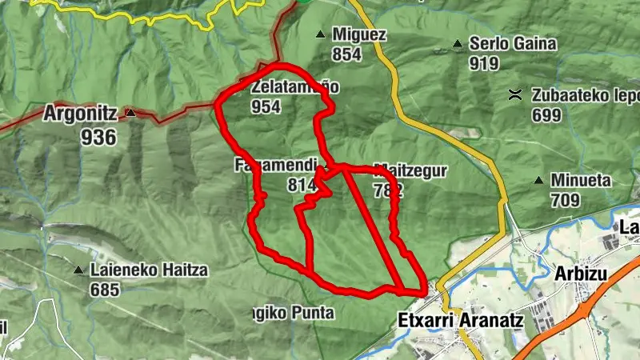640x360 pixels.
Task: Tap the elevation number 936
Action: click(x=98, y=137)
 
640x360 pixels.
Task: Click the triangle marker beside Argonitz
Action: click(x=130, y=114)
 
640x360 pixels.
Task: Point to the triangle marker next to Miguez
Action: click(x=321, y=34)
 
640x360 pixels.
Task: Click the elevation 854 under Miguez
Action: click(x=348, y=54)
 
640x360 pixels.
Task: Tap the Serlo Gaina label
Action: click(x=513, y=44)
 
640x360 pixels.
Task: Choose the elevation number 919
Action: click(x=485, y=63)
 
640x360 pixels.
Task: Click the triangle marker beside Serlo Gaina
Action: click(x=458, y=44)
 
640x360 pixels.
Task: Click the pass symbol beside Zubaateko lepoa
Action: click(x=516, y=95)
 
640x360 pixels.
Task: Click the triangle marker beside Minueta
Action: click(x=542, y=181)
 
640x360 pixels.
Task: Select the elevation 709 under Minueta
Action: click(x=565, y=200)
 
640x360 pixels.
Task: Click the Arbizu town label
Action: click(x=582, y=274)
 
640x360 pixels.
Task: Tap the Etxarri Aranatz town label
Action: click(x=460, y=321)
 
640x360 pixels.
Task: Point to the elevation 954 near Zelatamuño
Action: click(x=266, y=106)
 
